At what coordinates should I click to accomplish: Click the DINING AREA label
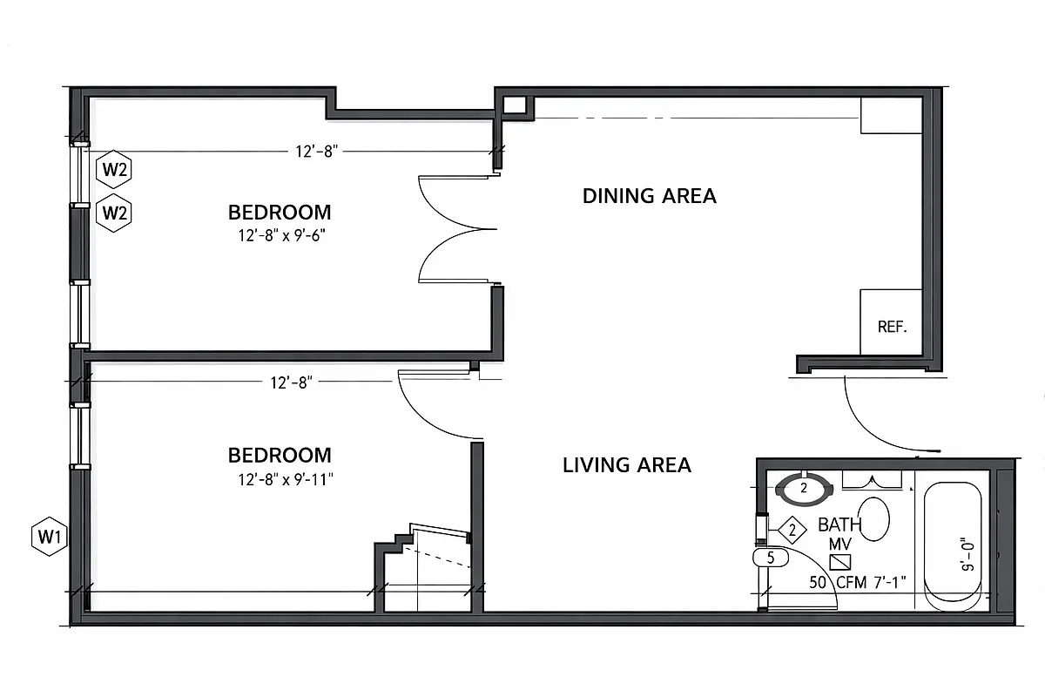coord(649,196)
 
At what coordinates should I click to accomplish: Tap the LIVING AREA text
coord(627,465)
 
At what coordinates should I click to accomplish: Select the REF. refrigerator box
coord(892,323)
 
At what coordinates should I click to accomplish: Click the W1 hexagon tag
coord(49,537)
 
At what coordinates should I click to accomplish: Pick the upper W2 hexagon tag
coord(115,170)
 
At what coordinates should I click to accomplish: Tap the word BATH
coord(839,525)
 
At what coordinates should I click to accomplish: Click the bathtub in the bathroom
coord(953,546)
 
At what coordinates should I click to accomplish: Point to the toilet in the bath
coord(873,519)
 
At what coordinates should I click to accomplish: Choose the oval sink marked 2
coord(804,489)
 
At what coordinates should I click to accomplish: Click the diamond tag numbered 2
coord(792,529)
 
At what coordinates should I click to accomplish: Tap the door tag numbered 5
coord(770,558)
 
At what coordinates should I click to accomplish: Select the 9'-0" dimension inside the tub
coord(965,553)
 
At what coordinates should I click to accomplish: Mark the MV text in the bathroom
coord(839,545)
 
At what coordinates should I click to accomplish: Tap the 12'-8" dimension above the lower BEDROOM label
coord(292,381)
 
